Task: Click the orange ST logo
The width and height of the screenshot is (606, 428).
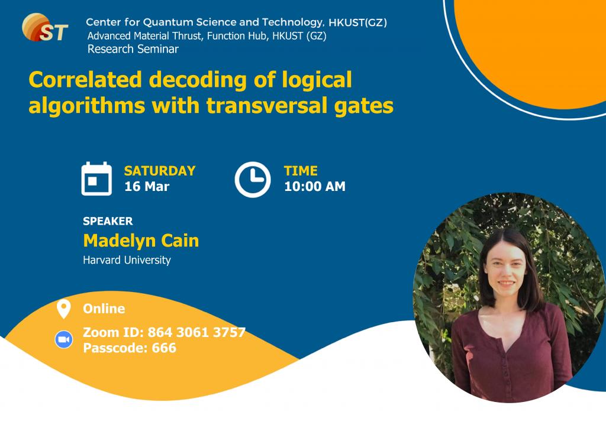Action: [x=44, y=27]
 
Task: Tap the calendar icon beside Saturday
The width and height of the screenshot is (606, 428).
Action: [x=96, y=179]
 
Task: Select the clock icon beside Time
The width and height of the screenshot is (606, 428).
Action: [x=252, y=179]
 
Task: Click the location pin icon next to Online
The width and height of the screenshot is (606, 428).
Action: [x=63, y=309]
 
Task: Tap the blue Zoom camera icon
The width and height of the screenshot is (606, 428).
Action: [x=63, y=340]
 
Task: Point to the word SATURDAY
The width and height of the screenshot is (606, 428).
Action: [x=159, y=171]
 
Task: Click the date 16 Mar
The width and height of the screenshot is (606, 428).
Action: [x=146, y=187]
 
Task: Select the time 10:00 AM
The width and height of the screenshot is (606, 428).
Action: [x=314, y=187]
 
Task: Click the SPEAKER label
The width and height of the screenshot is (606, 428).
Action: [x=108, y=221]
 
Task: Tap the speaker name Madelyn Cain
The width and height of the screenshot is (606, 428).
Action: [x=141, y=241]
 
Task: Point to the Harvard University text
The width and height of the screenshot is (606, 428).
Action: [x=127, y=260]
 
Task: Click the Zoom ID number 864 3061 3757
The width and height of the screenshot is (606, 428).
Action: [x=196, y=332]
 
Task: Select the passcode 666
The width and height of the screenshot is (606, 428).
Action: [x=164, y=348]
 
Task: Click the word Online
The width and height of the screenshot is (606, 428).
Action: [x=104, y=309]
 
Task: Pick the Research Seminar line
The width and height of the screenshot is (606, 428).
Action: [x=133, y=49]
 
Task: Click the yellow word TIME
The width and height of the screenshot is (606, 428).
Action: [x=301, y=171]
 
